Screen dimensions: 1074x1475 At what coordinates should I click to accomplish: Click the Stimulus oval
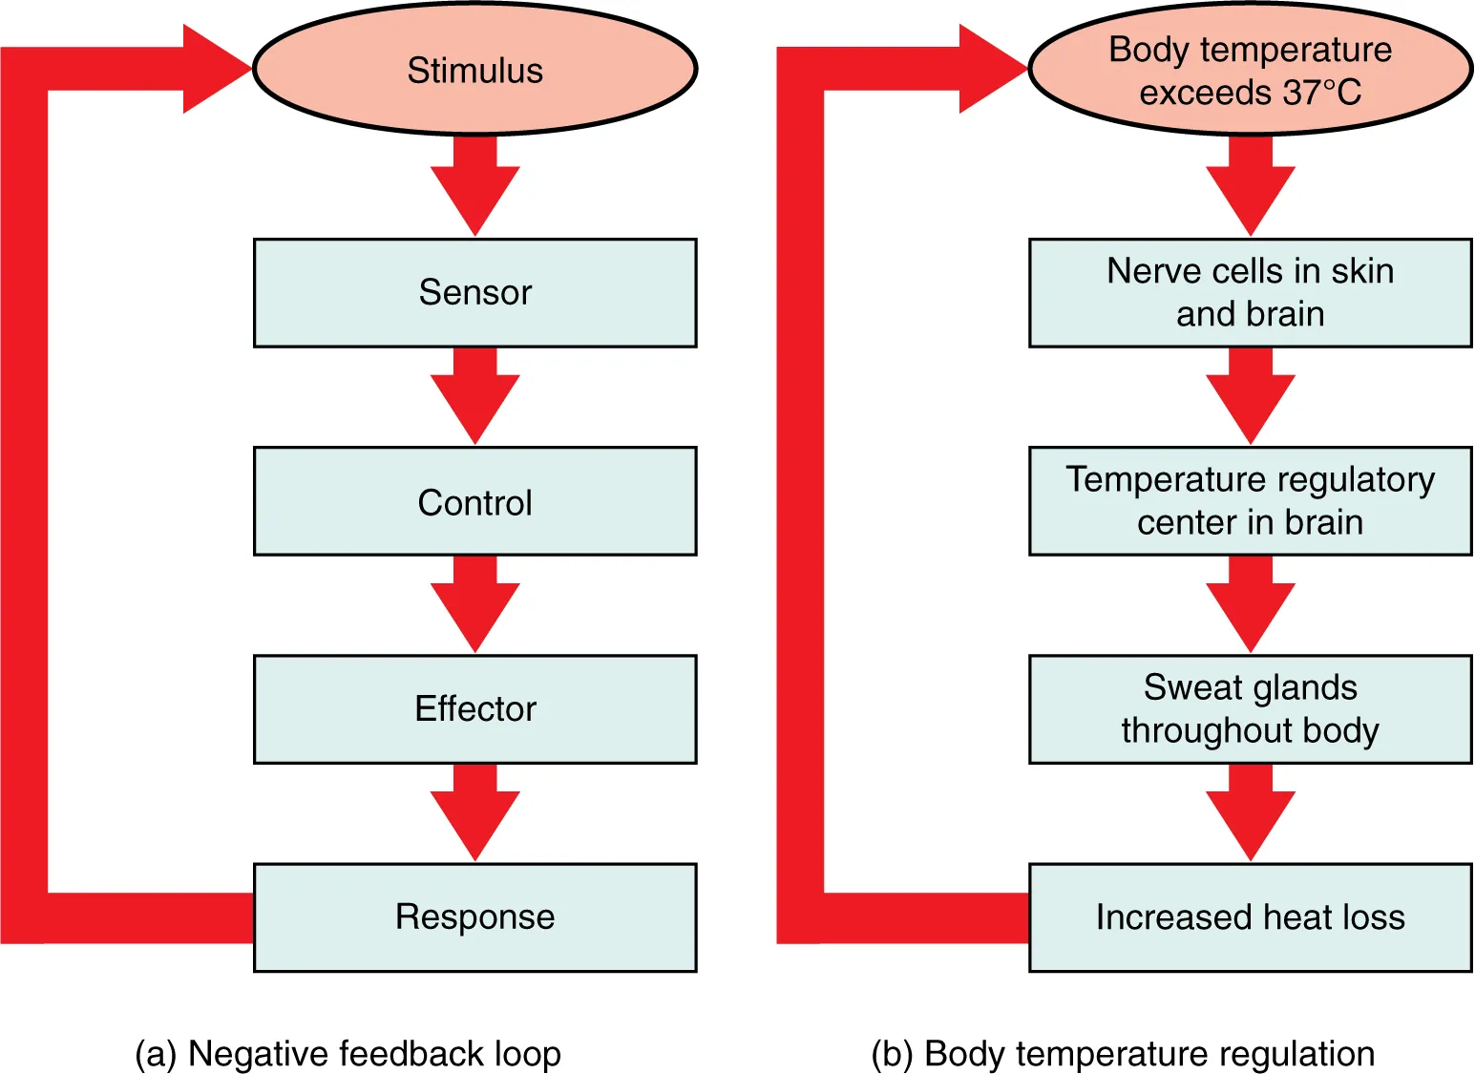coord(474,70)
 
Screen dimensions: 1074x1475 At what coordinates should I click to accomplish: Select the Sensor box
coord(474,292)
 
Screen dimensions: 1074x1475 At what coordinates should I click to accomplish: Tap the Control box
coord(474,501)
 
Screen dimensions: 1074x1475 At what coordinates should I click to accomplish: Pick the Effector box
coord(474,708)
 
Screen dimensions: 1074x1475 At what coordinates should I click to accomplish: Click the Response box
coord(474,916)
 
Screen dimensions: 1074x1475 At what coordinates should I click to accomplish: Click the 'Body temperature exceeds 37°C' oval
coord(1250,70)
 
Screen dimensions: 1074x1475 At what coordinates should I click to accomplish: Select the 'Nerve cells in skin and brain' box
coord(1250,292)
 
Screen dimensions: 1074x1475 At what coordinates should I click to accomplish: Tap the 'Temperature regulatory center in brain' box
coord(1250,501)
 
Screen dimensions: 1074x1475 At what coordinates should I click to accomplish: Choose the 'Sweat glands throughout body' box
coord(1250,708)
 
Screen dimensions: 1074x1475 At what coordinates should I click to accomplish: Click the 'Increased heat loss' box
coord(1250,916)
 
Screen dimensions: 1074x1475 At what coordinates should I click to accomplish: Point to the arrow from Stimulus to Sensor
coord(474,187)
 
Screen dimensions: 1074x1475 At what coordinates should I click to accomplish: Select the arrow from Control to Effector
coord(474,604)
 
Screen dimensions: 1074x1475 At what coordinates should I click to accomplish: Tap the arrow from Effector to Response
coord(474,812)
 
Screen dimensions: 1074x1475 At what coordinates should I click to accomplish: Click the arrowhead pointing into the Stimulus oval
coord(215,69)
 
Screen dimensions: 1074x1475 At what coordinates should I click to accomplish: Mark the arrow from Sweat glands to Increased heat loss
coord(1250,812)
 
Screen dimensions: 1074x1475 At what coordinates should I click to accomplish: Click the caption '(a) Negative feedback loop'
coord(348,1053)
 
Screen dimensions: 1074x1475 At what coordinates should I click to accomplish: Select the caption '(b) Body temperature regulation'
coord(1123,1053)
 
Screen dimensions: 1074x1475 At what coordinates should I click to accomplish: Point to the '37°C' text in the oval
coord(1322,93)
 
